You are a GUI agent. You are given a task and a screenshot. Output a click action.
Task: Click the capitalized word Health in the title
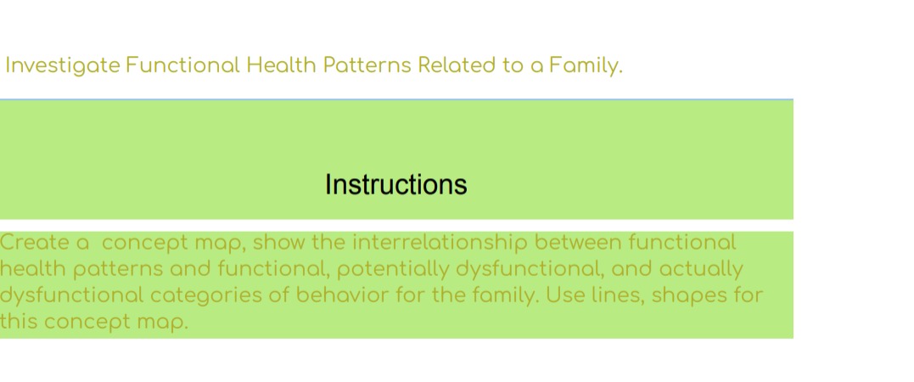click(279, 65)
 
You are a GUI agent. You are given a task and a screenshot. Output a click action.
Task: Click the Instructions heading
click(395, 184)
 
